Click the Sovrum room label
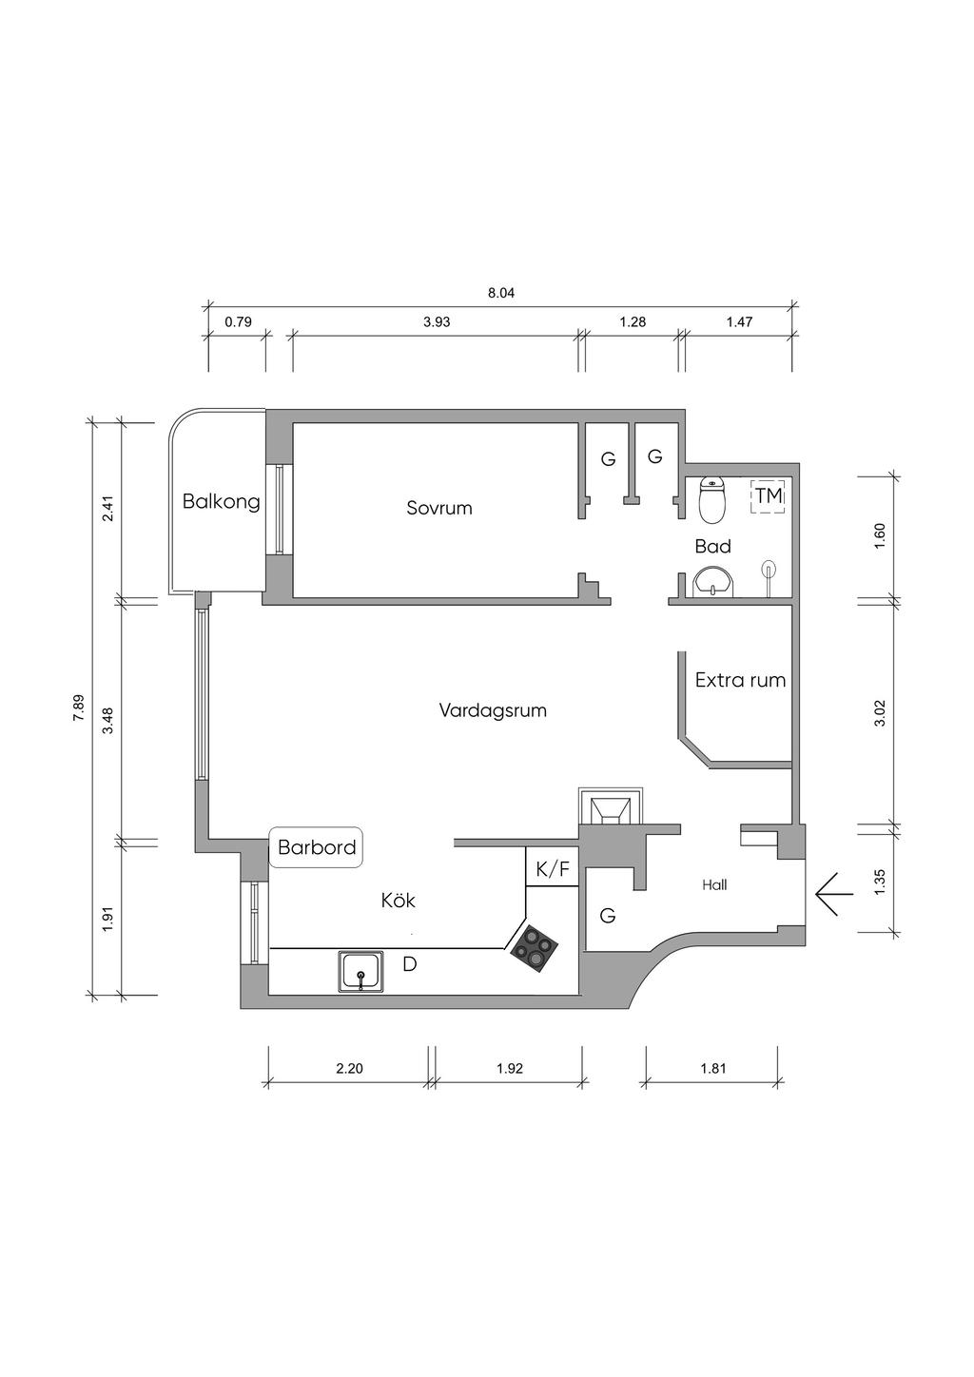[x=439, y=509]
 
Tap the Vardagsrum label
[x=493, y=710]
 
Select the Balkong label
[x=221, y=502]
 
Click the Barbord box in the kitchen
[x=316, y=847]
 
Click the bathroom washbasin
[x=712, y=582]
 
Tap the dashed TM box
[x=768, y=496]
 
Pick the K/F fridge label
[x=553, y=870]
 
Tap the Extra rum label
[x=740, y=681]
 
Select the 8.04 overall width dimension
[x=501, y=293]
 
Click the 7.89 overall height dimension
[x=79, y=708]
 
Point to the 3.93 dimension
[x=437, y=322]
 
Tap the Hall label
[x=714, y=885]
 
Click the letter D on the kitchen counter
[x=410, y=964]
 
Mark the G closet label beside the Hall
[x=608, y=916]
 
